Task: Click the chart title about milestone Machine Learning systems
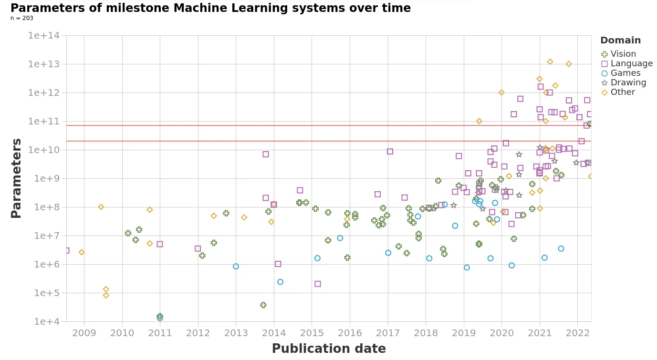210,8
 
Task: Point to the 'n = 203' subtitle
22,18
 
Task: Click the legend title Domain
620,41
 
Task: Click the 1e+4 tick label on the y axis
47,321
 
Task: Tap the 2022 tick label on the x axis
577,332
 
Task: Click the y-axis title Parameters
16,178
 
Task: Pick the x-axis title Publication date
329,349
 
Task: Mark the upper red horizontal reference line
329,125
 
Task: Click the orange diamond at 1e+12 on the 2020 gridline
501,93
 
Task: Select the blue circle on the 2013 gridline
236,267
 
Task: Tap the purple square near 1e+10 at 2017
390,152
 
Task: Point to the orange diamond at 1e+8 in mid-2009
101,207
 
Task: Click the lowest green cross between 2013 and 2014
263,305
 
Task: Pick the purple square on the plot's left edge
67,250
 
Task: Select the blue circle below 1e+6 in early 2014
280,282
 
